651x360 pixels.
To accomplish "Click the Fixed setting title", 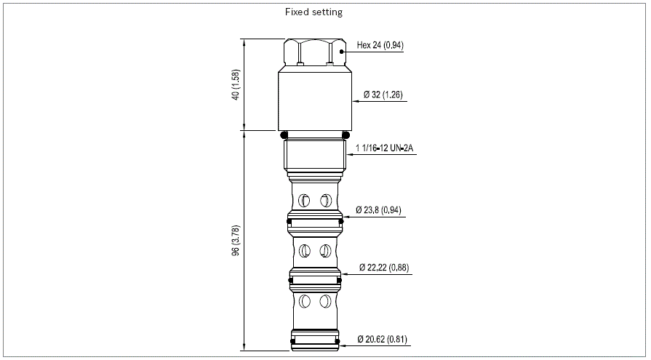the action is (x=313, y=12).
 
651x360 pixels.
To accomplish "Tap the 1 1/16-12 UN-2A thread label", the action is (x=385, y=148).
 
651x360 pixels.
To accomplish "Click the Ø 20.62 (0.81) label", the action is (x=383, y=339).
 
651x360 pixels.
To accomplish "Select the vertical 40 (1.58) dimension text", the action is (x=236, y=84).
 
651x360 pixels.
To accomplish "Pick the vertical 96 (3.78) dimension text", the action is (x=236, y=241).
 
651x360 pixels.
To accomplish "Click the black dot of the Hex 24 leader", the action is (x=342, y=52).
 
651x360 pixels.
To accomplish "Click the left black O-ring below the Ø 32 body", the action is (x=284, y=135).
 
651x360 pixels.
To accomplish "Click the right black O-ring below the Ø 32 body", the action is (x=346, y=135).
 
